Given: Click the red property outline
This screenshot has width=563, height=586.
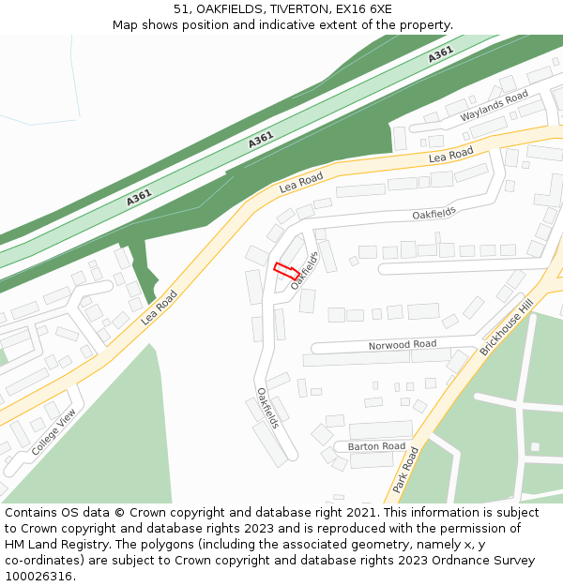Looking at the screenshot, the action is (286, 272).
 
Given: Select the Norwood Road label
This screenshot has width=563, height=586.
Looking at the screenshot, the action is (402, 345).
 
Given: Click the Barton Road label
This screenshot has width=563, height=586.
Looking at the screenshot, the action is (376, 446).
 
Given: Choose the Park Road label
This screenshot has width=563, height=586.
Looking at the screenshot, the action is (405, 470).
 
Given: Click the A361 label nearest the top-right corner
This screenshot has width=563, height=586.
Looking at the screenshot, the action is (441, 54).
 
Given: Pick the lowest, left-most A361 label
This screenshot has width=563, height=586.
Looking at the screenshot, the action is (139, 198).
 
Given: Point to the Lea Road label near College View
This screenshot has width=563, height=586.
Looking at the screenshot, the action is (159, 307).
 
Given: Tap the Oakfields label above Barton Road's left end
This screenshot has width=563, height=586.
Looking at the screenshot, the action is (268, 408).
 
